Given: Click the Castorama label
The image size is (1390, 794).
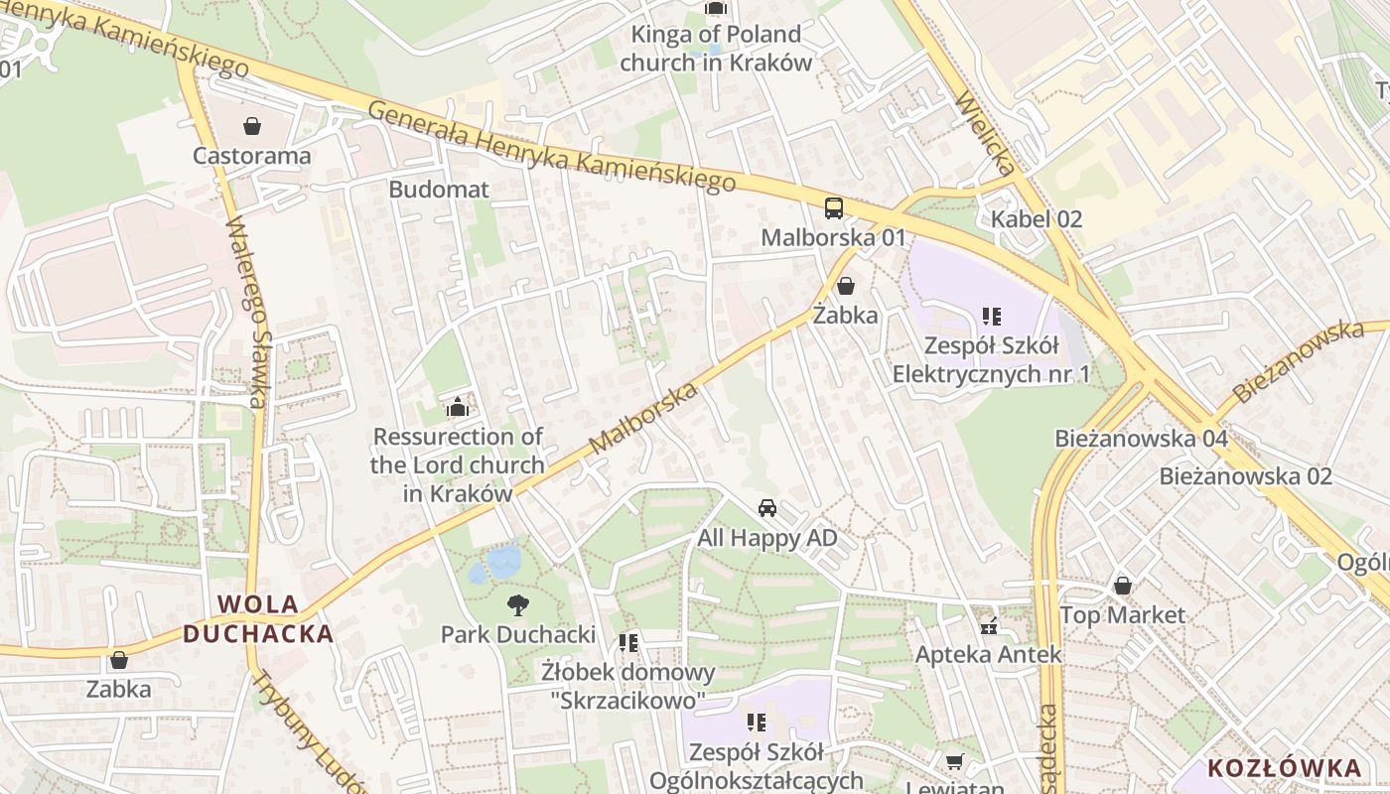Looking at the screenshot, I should click(x=251, y=156).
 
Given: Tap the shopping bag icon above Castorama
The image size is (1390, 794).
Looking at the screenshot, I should click(x=252, y=126).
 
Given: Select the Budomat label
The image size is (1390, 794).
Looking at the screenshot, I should click(x=439, y=189).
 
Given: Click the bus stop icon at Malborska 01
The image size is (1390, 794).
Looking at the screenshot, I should click(x=834, y=208).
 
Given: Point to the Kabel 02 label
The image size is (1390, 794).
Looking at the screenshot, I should click(x=1037, y=219).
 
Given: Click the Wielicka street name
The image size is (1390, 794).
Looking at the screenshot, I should click(x=985, y=134).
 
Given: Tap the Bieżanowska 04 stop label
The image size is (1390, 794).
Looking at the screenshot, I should click(x=1141, y=438).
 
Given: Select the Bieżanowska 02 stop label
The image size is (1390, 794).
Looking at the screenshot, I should click(x=1245, y=475).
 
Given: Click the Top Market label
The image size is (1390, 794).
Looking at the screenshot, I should click(x=1122, y=614).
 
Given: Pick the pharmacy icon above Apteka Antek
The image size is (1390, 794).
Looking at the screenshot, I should click(x=988, y=625).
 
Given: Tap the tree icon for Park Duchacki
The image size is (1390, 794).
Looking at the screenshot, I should click(x=517, y=604).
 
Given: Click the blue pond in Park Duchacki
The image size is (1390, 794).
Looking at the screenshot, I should click(x=502, y=562).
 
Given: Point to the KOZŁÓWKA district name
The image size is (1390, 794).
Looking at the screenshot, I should click(x=1284, y=767).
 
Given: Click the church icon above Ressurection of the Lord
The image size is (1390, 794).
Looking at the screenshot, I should click(x=457, y=407).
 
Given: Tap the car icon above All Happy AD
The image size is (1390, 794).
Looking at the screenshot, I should click(x=767, y=508).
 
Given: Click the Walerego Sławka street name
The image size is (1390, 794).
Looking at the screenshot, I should click(x=247, y=313).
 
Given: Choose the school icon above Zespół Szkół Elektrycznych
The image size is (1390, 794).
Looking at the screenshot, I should click(x=991, y=317).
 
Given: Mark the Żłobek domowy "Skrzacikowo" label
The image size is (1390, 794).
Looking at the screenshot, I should click(x=628, y=686).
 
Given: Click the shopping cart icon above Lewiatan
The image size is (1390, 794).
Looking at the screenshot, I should click(x=954, y=761).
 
